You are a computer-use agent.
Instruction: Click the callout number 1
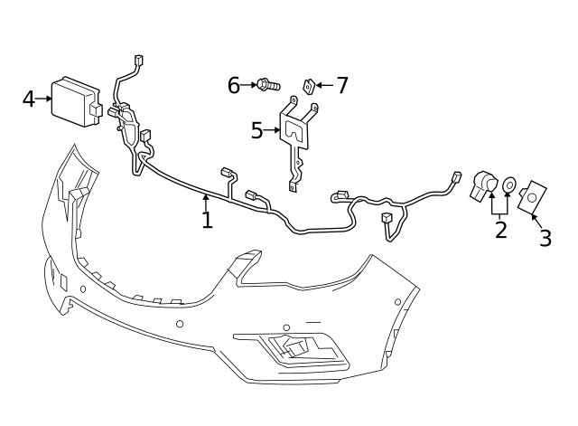(207, 220)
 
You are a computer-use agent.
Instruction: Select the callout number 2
(500, 229)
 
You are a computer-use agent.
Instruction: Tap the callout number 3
(545, 238)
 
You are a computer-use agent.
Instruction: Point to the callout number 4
(29, 99)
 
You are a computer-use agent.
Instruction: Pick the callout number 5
(257, 131)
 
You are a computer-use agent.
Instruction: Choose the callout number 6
(234, 86)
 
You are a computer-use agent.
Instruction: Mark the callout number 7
(341, 86)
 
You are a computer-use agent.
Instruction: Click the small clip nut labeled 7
(308, 86)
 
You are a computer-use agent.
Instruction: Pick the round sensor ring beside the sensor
(509, 185)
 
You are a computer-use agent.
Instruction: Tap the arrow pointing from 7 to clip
(324, 86)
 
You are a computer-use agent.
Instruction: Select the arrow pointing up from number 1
(207, 201)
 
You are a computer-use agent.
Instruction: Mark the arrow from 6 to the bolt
(249, 85)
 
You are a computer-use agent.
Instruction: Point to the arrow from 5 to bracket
(273, 131)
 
